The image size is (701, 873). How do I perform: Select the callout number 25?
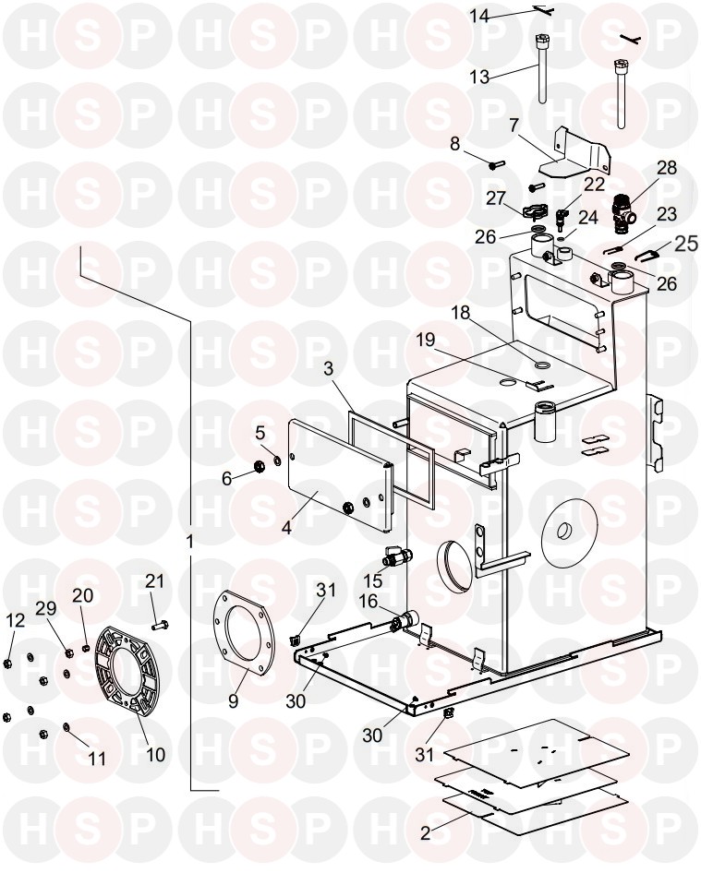pos(685,244)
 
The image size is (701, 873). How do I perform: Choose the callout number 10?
pos(155,754)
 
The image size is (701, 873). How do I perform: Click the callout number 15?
pos(373,581)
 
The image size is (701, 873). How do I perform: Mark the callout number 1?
pos(189,543)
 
